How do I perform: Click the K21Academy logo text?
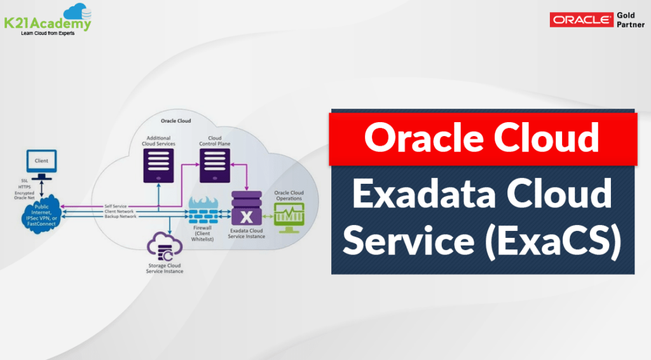pyautogui.click(x=47, y=23)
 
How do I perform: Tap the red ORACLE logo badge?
pyautogui.click(x=581, y=20)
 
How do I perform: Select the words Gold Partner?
pyautogui.click(x=630, y=20)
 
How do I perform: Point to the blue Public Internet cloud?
pyautogui.click(x=41, y=215)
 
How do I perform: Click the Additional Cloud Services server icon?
pyautogui.click(x=158, y=165)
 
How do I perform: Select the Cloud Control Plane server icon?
pyautogui.click(x=215, y=165)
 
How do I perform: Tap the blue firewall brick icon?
pyautogui.click(x=203, y=211)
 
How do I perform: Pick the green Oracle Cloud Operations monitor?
pyautogui.click(x=289, y=218)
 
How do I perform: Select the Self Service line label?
pyautogui.click(x=116, y=206)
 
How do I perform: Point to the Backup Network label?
pyautogui.click(x=120, y=216)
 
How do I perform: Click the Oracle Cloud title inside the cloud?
pyautogui.click(x=175, y=121)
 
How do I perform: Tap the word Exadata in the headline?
pyautogui.click(x=424, y=193)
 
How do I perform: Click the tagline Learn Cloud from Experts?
pyautogui.click(x=48, y=33)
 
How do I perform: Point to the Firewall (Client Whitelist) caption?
pyautogui.click(x=203, y=233)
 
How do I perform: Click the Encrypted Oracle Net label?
pyautogui.click(x=25, y=195)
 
